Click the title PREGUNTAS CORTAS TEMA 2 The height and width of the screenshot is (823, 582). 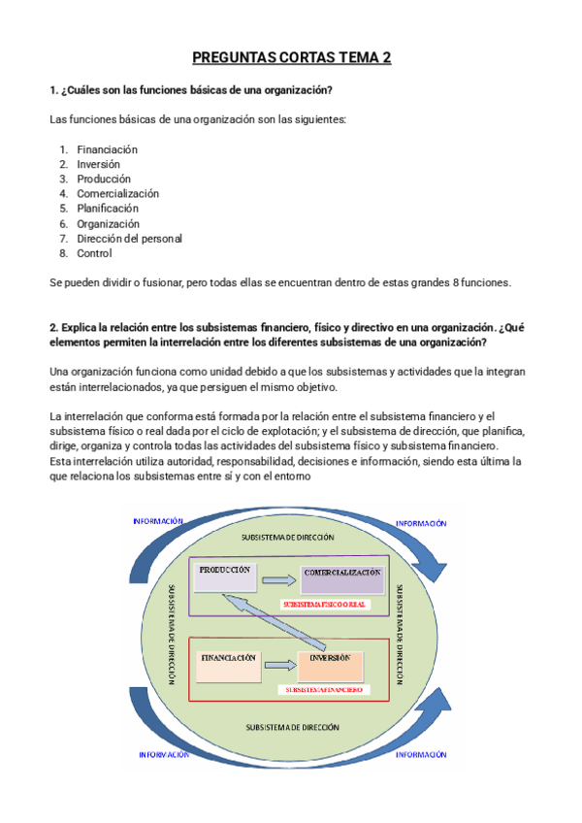(x=291, y=58)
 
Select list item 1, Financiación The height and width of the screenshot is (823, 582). (x=107, y=149)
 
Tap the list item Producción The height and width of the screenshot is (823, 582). (x=104, y=179)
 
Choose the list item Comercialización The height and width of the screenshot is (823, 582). (x=117, y=193)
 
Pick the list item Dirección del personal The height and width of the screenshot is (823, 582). (x=129, y=238)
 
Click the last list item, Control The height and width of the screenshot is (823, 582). (x=94, y=253)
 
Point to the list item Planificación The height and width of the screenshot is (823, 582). (x=108, y=208)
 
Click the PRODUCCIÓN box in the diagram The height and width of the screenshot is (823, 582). (x=226, y=577)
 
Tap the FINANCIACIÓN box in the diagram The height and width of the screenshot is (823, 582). (x=229, y=664)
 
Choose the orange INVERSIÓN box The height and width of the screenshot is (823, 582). (x=331, y=664)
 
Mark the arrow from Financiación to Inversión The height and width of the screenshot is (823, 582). (x=278, y=665)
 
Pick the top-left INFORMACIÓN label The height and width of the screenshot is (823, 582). (x=158, y=521)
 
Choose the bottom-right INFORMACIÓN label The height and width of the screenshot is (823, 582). (x=421, y=753)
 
